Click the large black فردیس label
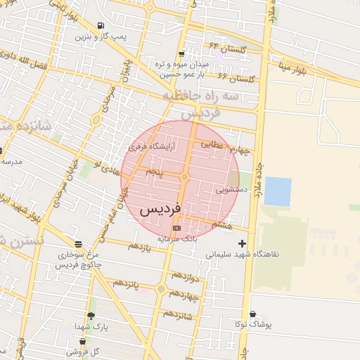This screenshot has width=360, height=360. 160,209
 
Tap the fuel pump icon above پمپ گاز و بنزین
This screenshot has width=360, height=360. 111,26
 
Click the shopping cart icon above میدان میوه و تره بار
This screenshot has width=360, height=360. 181,53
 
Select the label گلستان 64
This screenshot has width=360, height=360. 225,49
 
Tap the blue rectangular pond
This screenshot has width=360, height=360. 278,191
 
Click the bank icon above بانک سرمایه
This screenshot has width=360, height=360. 176,228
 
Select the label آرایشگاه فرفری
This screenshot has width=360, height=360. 152,147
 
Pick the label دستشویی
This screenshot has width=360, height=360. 231,188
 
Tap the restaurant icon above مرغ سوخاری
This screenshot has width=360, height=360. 77,244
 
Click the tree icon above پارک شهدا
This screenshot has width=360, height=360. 91,316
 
